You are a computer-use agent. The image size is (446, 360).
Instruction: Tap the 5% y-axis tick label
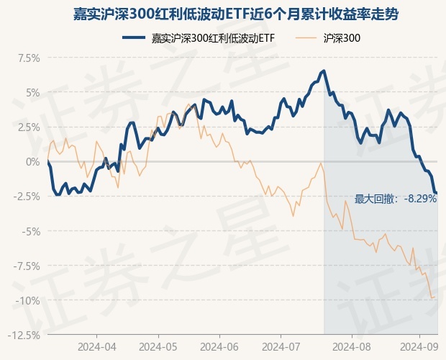point(32,92)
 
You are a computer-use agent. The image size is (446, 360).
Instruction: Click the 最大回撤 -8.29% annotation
point(396,199)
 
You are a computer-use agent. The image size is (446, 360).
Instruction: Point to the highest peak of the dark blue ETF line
point(324,71)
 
